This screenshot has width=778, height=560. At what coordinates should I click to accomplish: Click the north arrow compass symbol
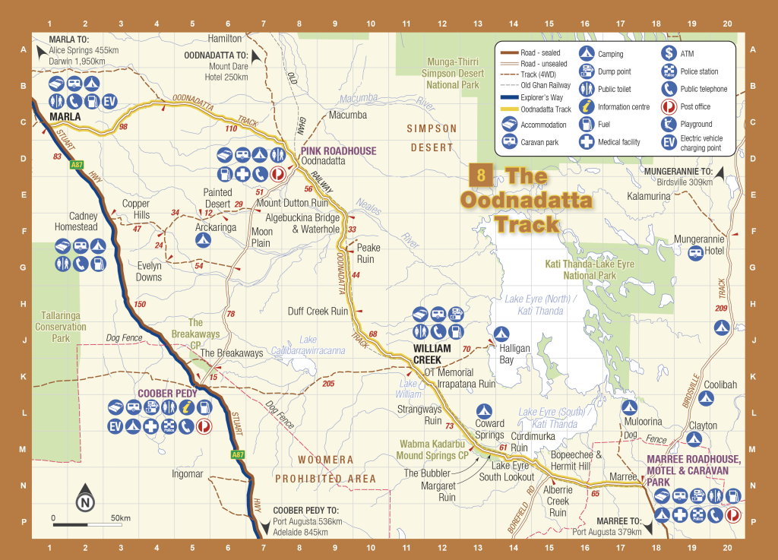84,501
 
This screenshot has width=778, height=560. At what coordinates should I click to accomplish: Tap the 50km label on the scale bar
121,518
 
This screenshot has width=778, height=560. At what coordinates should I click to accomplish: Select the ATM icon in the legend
669,53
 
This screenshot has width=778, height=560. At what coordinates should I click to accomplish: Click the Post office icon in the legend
669,107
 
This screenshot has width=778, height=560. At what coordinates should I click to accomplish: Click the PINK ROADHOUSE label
338,150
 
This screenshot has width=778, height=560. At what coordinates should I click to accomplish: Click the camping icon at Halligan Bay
501,333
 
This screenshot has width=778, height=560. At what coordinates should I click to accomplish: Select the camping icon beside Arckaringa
202,239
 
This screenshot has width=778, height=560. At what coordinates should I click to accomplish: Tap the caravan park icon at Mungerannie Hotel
695,253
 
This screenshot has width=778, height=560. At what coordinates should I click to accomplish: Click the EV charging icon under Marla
110,100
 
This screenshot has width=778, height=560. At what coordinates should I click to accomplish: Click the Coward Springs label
489,429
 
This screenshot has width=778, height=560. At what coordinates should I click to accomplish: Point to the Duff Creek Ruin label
318,311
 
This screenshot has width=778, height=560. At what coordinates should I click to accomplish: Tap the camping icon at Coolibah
706,397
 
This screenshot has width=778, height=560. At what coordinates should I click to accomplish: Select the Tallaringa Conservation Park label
61,327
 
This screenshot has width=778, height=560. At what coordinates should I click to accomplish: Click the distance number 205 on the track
328,384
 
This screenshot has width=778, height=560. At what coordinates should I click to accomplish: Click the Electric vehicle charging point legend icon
669,143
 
